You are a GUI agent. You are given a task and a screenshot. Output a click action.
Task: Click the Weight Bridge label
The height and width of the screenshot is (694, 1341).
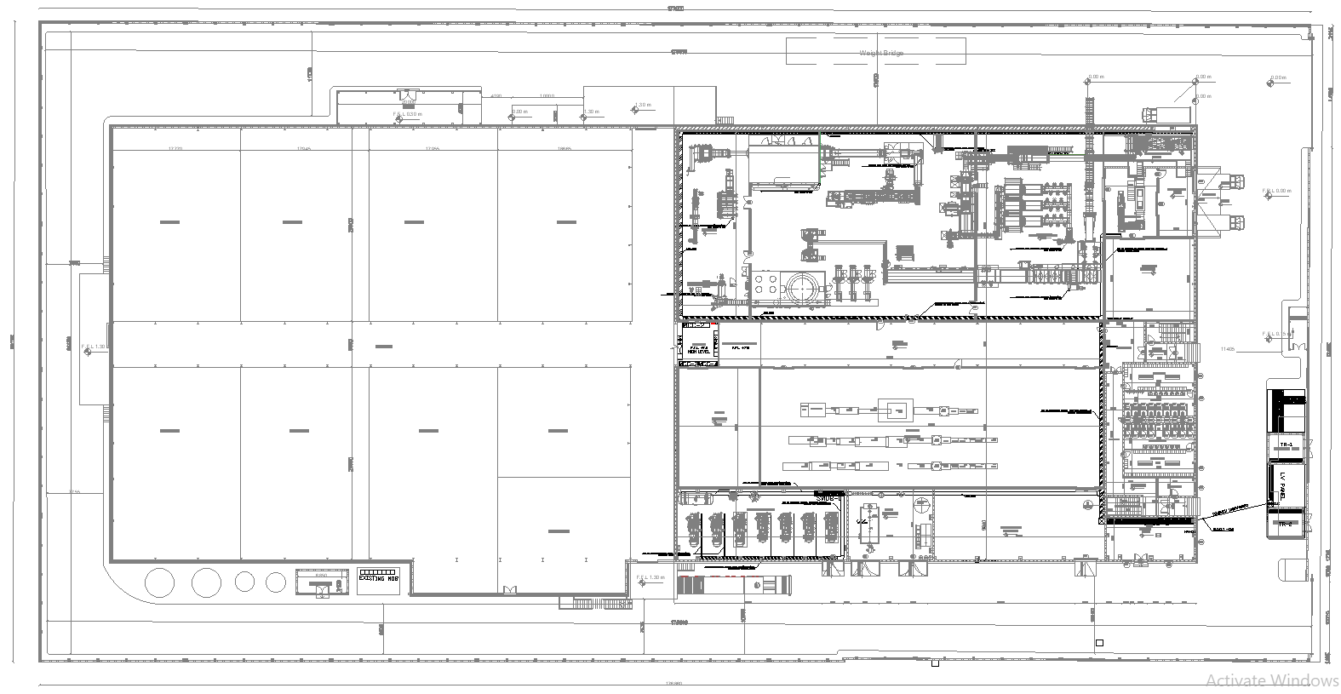pyautogui.click(x=880, y=53)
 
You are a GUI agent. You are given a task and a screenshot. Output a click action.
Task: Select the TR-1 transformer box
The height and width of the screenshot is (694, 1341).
pyautogui.click(x=1286, y=445)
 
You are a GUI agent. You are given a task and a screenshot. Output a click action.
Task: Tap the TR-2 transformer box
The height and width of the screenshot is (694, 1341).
pyautogui.click(x=1286, y=525)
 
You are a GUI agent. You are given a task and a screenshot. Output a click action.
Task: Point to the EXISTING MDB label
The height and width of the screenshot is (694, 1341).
pyautogui.click(x=379, y=578)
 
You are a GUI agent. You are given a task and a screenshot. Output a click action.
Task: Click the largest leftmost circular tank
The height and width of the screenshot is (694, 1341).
pyautogui.click(x=159, y=582)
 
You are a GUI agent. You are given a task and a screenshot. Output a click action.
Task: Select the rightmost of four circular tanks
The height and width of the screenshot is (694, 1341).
pyautogui.click(x=275, y=582)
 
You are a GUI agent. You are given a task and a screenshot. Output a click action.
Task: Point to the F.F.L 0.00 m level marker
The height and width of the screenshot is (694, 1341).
pyautogui.click(x=1277, y=191)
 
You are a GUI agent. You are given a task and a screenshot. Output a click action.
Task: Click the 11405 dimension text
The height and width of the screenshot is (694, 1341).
pyautogui.click(x=1227, y=348)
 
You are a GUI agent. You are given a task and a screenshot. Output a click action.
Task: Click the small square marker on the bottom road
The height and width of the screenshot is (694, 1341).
pyautogui.click(x=1099, y=643)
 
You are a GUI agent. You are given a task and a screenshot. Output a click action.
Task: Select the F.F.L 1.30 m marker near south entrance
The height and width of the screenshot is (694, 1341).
pyautogui.click(x=650, y=578)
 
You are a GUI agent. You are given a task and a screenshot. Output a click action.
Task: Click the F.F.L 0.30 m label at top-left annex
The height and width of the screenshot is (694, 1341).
pyautogui.click(x=406, y=114)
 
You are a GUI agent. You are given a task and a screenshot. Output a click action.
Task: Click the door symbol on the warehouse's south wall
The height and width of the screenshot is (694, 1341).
pyautogui.click(x=511, y=590)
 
